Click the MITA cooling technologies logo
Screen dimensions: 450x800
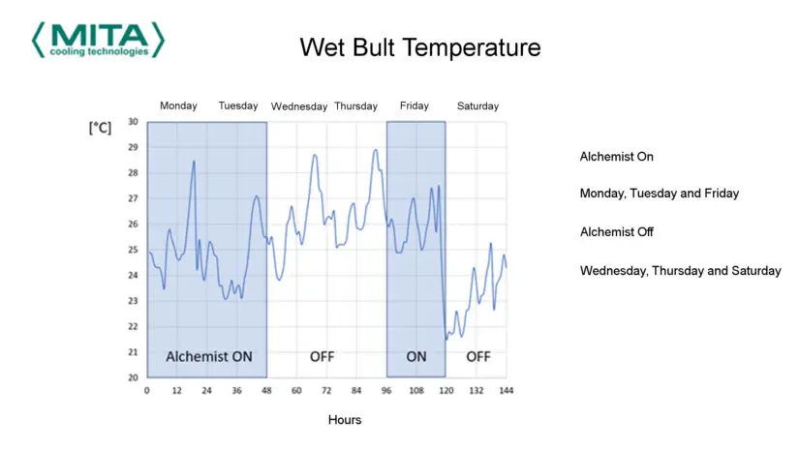98,40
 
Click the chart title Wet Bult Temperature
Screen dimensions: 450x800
419,46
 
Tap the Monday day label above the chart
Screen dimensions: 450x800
178,105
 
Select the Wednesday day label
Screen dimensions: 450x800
299,106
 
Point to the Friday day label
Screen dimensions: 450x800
414,105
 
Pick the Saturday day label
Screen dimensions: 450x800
477,106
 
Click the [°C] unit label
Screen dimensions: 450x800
100,128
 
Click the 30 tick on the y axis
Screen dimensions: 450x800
133,122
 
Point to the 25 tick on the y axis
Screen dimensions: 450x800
133,250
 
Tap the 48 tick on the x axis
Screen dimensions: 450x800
266,390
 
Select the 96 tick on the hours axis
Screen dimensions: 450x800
386,390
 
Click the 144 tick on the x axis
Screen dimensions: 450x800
506,390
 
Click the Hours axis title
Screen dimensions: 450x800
344,420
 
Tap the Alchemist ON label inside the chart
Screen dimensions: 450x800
209,356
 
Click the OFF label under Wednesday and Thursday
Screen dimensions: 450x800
322,356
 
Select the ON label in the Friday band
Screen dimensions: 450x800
416,356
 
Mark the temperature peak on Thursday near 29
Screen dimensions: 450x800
375,150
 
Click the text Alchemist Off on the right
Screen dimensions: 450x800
616,232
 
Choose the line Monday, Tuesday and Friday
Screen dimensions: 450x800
659,194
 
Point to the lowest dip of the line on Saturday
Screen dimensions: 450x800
446,339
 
